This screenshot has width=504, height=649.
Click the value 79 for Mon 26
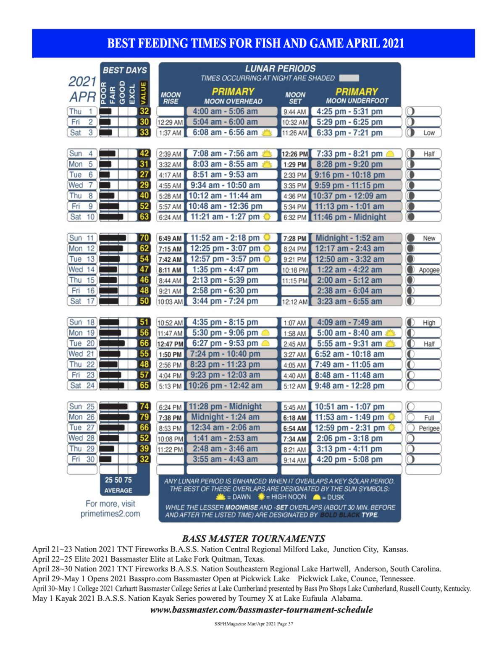(144, 417)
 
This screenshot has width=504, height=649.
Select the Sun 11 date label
(82, 238)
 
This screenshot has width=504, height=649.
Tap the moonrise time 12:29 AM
(170, 122)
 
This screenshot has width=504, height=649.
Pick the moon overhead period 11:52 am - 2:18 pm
(225, 238)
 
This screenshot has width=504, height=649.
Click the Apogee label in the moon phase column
(429, 270)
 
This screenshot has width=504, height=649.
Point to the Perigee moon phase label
(429, 428)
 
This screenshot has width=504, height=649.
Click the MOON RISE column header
(171, 98)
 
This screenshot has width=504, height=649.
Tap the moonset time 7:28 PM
(295, 238)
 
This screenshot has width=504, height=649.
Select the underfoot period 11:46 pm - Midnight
(349, 217)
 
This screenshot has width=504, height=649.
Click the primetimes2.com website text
(110, 514)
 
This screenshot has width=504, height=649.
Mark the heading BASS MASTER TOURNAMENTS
(254, 539)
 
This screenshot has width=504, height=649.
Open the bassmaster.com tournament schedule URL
(261, 610)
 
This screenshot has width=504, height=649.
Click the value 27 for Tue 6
(144, 175)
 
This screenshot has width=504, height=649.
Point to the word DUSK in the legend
(336, 497)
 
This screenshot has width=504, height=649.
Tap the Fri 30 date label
(82, 459)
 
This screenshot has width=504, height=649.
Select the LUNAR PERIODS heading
(280, 68)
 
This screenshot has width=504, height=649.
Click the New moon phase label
(429, 238)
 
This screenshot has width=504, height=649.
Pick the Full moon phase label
(429, 418)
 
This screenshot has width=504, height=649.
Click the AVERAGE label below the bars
(118, 491)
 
